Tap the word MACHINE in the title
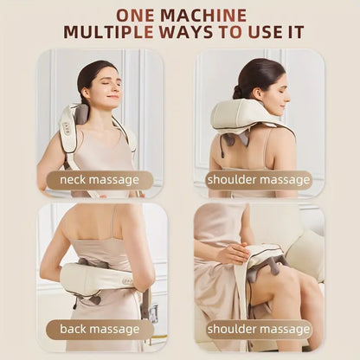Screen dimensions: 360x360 pyautogui.click(x=206, y=15)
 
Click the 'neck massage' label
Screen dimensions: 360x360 pyautogui.click(x=99, y=180)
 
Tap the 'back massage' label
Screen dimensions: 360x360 pyautogui.click(x=99, y=329)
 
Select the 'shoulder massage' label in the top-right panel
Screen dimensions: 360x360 pyautogui.click(x=259, y=180)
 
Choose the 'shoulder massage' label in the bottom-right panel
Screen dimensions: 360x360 pyautogui.click(x=259, y=329)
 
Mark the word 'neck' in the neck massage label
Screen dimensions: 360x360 pyautogui.click(x=73, y=180)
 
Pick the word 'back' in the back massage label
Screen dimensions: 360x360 pyautogui.click(x=74, y=329)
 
